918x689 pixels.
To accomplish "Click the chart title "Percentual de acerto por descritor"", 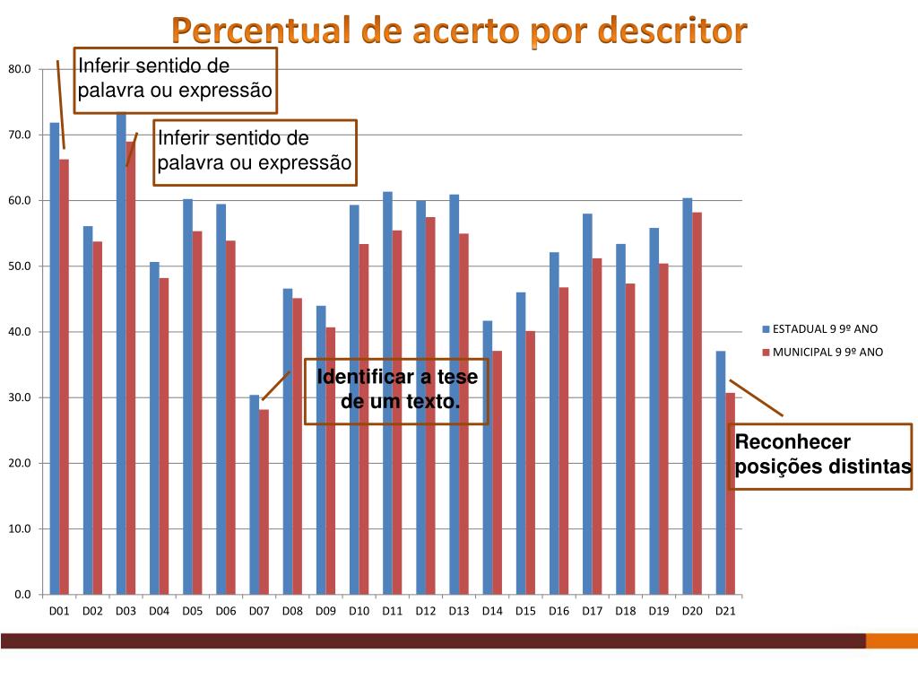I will pos(459,31).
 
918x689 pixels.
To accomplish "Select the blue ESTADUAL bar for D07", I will pos(254,493).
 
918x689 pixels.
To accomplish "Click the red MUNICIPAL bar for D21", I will pos(731,493).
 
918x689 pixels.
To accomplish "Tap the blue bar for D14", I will pos(488,458).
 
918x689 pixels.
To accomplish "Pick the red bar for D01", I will pos(64,377).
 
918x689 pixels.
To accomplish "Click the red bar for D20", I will pos(697,404).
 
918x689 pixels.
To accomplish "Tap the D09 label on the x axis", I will pos(325,611).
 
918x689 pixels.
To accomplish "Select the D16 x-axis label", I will pos(559,611).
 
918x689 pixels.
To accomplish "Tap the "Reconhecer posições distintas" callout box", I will pos(822,455).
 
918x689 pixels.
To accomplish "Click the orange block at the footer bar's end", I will pos(891,641).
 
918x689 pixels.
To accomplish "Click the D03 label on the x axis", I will pos(126,611).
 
